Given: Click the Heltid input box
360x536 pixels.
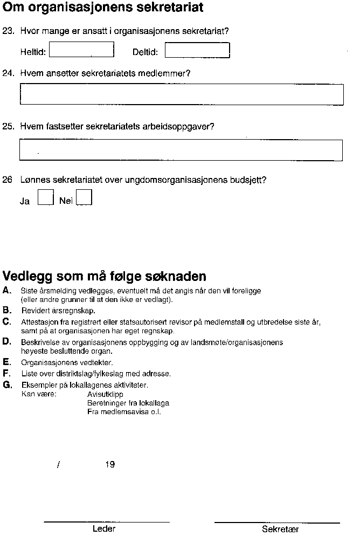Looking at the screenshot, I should [81, 50].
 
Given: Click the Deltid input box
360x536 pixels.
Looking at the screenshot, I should [197, 50].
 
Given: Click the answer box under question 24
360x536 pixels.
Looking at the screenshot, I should [181, 94].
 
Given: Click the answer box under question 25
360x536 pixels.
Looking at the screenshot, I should [181, 150].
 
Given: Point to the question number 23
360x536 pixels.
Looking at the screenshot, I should [8, 31].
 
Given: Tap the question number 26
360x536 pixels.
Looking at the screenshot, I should [8, 180].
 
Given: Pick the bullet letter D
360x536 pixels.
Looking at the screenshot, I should [6, 341].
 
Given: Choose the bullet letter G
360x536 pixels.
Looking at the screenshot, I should [6, 384].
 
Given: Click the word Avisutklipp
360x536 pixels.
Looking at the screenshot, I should [105, 394].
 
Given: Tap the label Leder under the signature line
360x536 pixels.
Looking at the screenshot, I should [104, 529].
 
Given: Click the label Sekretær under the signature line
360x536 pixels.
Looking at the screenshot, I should [280, 530].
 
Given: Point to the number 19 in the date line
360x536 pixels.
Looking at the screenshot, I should [110, 464].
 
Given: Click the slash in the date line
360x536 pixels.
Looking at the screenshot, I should [58, 465].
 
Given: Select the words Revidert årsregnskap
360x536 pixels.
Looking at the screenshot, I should [58, 311].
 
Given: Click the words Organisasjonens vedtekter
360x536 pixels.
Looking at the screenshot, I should [67, 363].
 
